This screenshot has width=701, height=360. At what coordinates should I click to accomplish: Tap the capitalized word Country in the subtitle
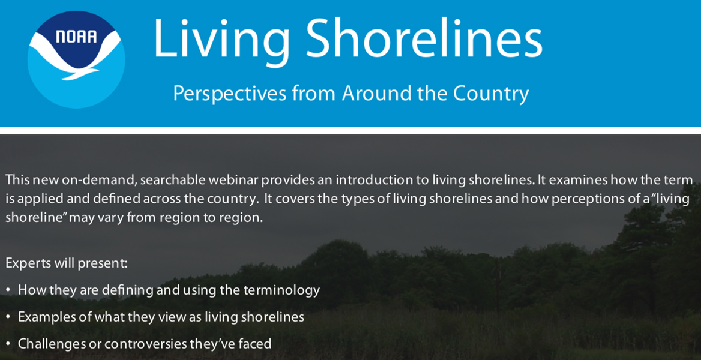point(490,94)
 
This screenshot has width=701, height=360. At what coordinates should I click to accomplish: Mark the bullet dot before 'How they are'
point(8,290)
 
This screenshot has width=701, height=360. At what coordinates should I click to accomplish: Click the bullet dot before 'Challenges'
point(8,344)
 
